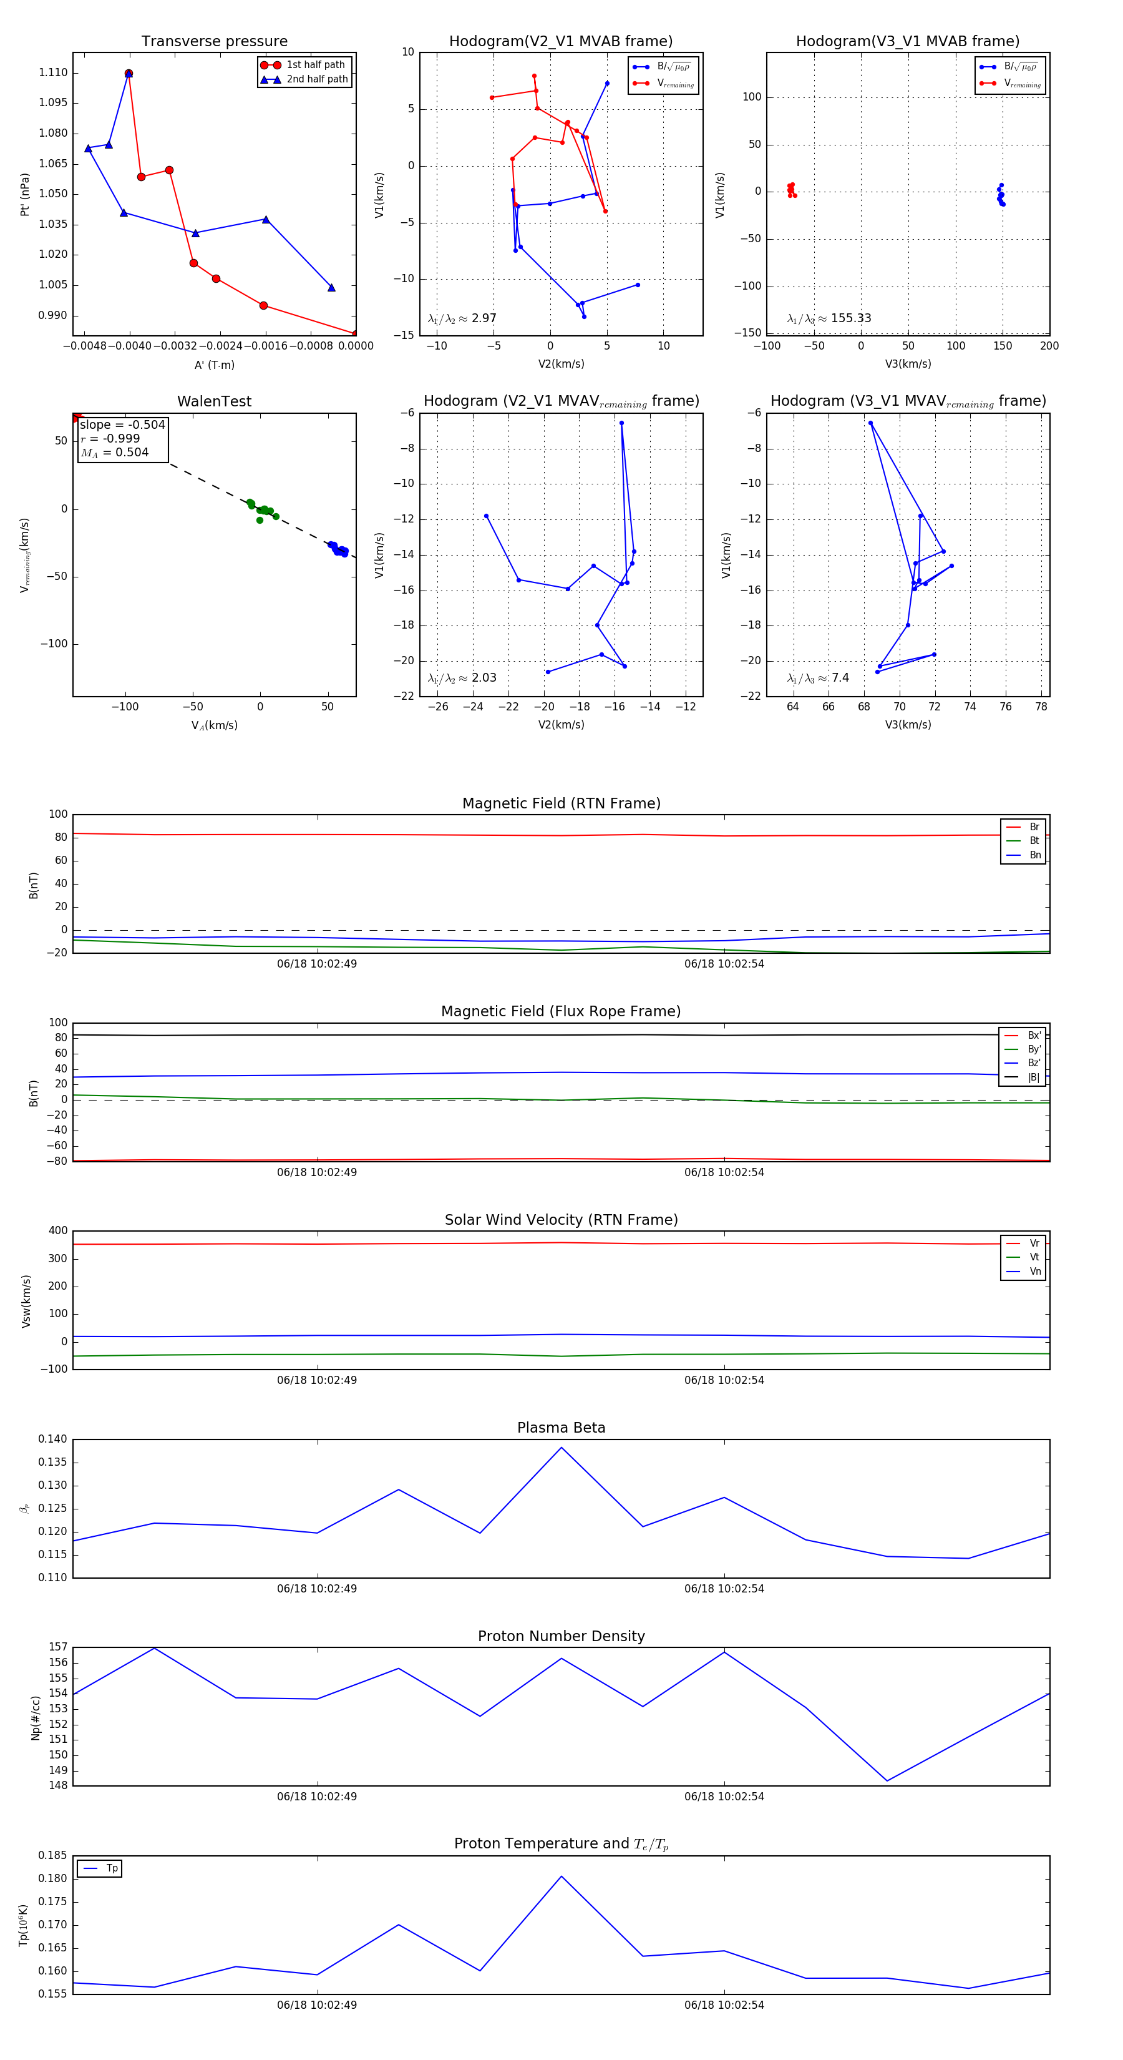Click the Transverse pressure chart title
pyautogui.click(x=214, y=42)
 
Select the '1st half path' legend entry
pyautogui.click(x=315, y=65)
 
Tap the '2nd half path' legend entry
pyautogui.click(x=316, y=79)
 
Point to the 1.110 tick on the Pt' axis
pyautogui.click(x=53, y=73)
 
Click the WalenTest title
pyautogui.click(x=214, y=401)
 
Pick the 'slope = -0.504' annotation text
pyautogui.click(x=122, y=424)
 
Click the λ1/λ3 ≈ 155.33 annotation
pyautogui.click(x=829, y=318)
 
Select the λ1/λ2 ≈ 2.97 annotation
pyautogui.click(x=462, y=318)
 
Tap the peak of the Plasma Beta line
pyautogui.click(x=561, y=1448)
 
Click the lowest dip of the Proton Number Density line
pyautogui.click(x=887, y=1781)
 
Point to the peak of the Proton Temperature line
pyautogui.click(x=561, y=1876)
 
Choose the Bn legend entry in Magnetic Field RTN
pyautogui.click(x=1034, y=855)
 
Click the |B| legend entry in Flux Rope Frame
pyautogui.click(x=1034, y=1077)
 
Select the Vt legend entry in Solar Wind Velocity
pyautogui.click(x=1034, y=1257)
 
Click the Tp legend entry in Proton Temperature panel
pyautogui.click(x=111, y=1869)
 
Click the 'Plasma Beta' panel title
pyautogui.click(x=561, y=1428)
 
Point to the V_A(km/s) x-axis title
pyautogui.click(x=214, y=725)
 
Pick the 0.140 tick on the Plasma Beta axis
pyautogui.click(x=53, y=1439)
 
